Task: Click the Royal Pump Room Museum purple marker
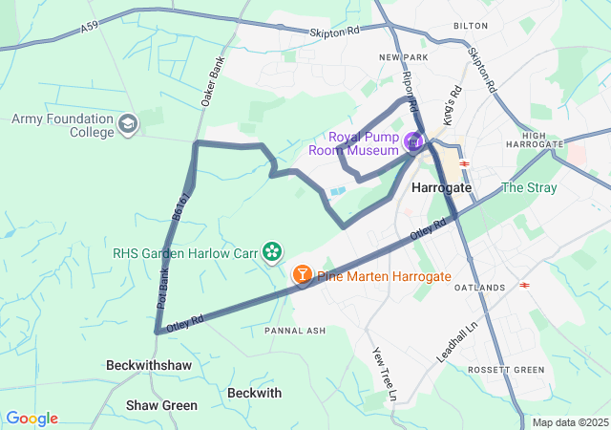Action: (x=413, y=142)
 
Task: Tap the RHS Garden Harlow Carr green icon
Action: (x=272, y=251)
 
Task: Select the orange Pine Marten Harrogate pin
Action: (x=303, y=275)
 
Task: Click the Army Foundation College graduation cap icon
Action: (x=128, y=124)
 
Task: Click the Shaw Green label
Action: (x=161, y=405)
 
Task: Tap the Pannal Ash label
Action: (x=295, y=331)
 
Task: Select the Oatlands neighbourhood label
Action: (x=479, y=287)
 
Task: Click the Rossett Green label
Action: (x=506, y=370)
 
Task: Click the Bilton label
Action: (x=471, y=27)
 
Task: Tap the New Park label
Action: (x=401, y=57)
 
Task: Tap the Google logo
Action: (x=32, y=419)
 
